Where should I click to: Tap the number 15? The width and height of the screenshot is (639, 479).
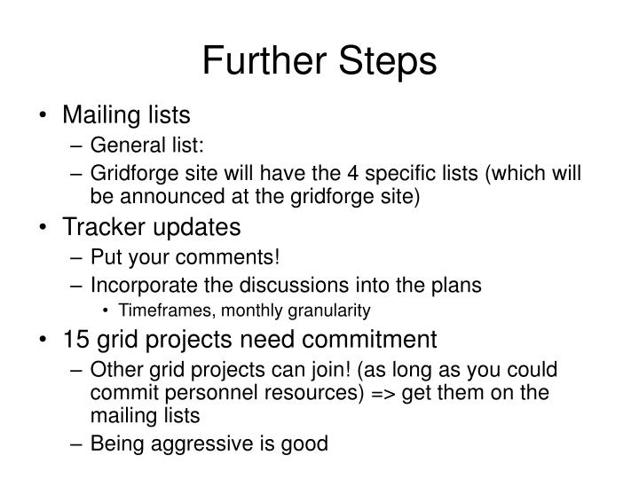tap(75, 340)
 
